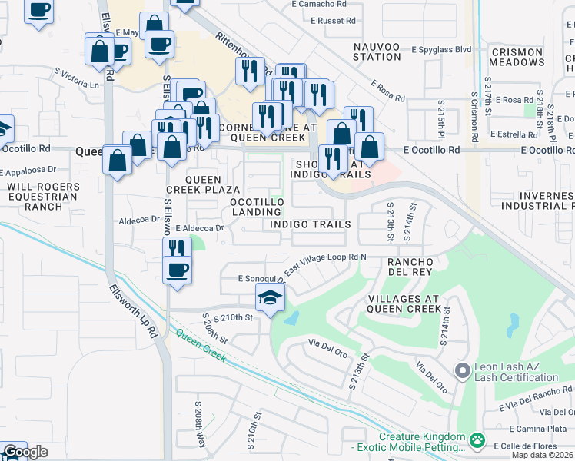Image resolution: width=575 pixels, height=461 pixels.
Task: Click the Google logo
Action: point(25,453)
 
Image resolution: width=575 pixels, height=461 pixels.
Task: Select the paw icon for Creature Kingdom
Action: point(477,441)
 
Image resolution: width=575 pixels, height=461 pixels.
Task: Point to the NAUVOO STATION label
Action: point(377,51)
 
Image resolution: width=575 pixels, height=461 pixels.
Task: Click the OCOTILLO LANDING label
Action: point(258,207)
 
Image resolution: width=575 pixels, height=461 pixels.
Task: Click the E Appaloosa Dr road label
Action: point(29,171)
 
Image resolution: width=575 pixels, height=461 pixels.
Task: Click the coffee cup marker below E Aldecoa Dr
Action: point(178,271)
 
